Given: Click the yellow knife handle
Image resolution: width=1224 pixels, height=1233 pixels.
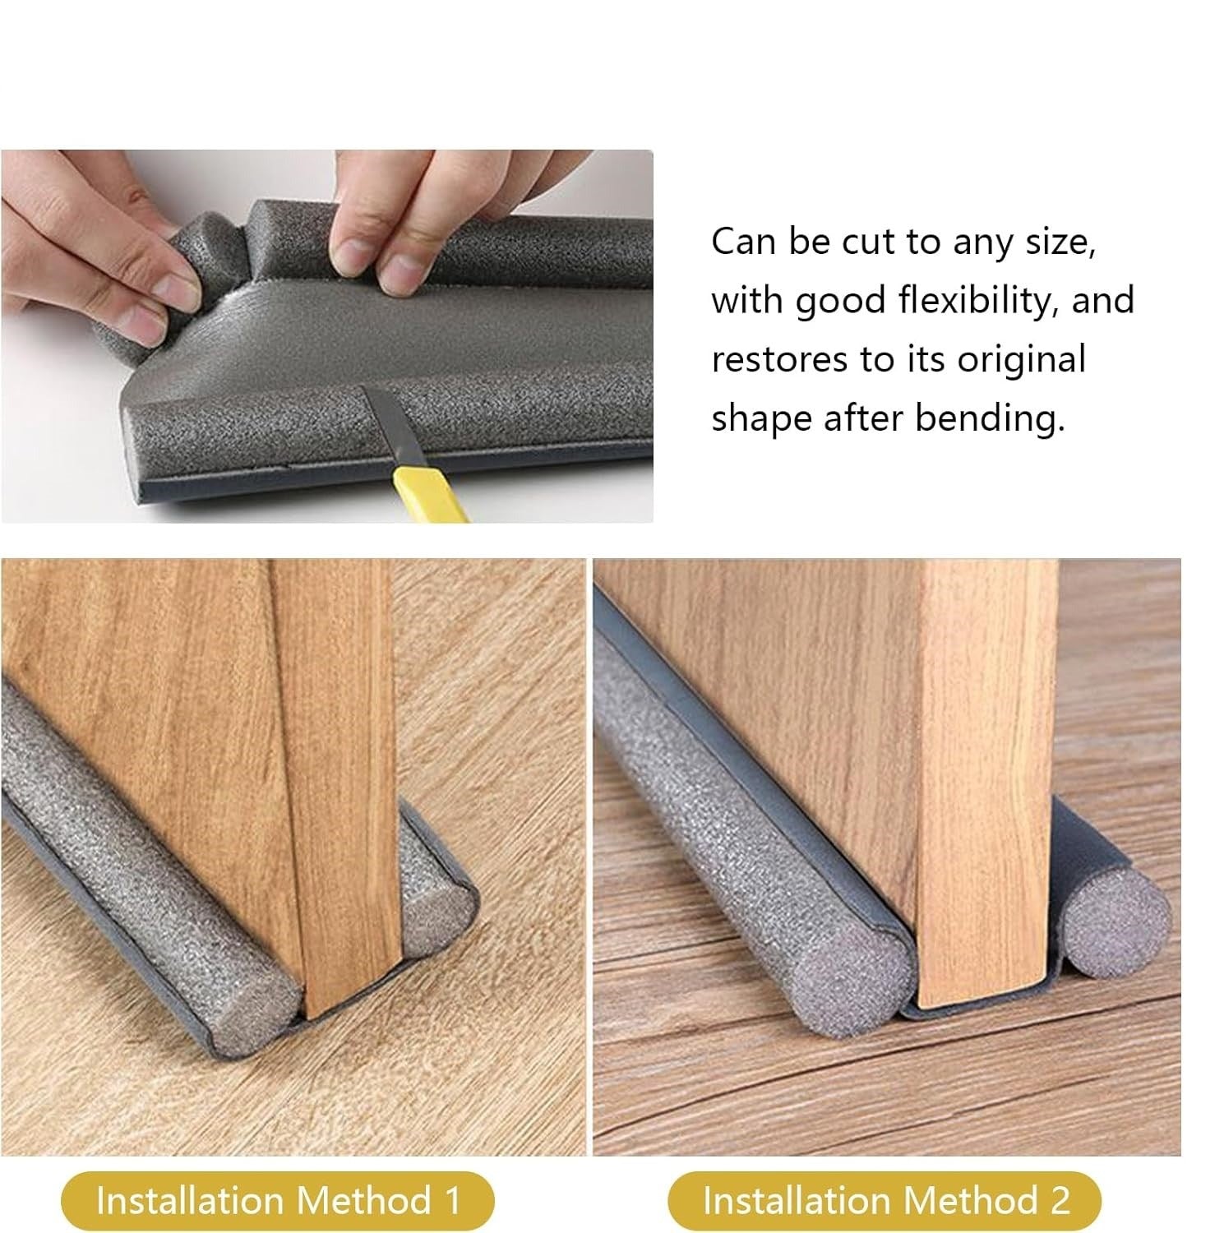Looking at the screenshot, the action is (427, 493).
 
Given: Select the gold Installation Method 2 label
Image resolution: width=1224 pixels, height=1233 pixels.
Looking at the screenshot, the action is (884, 1201).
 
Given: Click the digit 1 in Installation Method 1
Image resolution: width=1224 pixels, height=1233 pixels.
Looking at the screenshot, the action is (450, 1201).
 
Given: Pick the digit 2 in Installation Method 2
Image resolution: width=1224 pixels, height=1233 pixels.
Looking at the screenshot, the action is (1059, 1201).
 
